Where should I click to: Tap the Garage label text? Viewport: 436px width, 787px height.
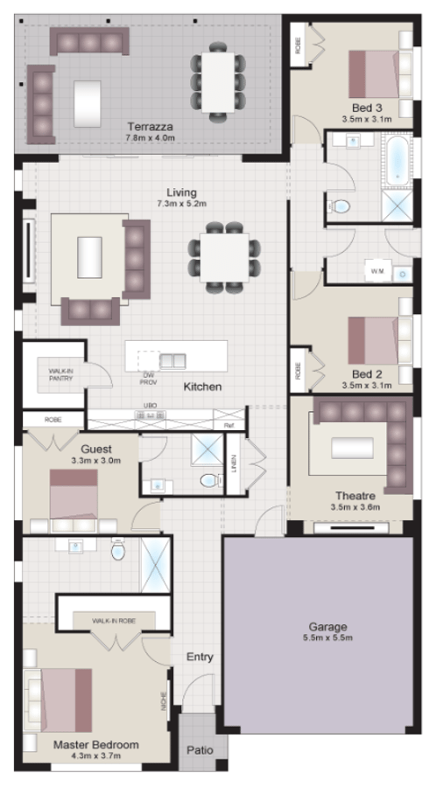[327, 627]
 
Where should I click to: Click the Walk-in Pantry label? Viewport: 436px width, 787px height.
[61, 375]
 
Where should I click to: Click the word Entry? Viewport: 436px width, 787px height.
[200, 657]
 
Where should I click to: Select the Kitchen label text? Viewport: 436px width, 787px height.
[202, 387]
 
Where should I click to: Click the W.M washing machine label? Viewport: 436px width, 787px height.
[377, 272]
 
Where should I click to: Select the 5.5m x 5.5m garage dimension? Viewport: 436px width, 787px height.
[327, 638]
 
